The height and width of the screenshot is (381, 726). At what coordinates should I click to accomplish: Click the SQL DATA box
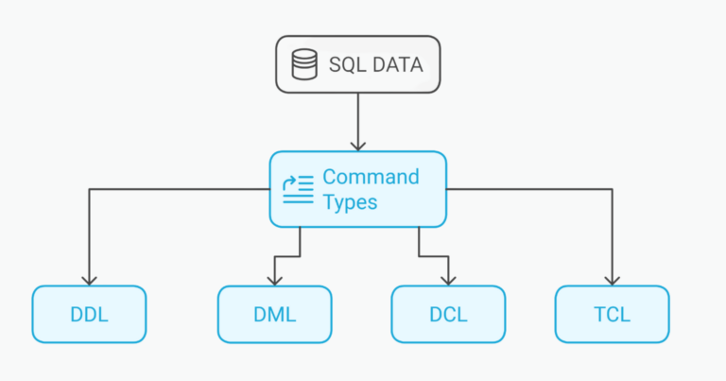point(357,64)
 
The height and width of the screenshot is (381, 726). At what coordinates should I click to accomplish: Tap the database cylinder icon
point(303,65)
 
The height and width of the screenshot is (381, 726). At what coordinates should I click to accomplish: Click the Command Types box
point(357,189)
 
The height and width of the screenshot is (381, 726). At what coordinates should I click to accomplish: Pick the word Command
point(371,177)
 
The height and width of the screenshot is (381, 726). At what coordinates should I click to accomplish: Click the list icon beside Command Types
point(298,188)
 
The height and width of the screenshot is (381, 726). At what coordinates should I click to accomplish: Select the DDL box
point(89,314)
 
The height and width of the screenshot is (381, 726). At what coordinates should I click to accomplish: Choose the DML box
point(274,314)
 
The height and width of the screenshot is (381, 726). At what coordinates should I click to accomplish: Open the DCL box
point(448,314)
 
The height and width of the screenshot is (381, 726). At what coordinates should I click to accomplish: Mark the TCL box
point(612,314)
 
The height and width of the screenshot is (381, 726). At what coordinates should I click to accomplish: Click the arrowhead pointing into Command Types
point(357,146)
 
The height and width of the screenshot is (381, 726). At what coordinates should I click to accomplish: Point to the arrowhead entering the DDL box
point(89,280)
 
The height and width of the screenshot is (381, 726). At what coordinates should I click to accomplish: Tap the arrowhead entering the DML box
point(274,280)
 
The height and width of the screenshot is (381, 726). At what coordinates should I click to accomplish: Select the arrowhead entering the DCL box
point(448,280)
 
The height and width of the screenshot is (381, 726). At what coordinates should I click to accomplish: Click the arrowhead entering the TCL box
point(612,280)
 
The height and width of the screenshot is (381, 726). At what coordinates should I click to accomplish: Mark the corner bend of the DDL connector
point(89,189)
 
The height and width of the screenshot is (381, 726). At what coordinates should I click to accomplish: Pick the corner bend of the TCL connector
point(612,189)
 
